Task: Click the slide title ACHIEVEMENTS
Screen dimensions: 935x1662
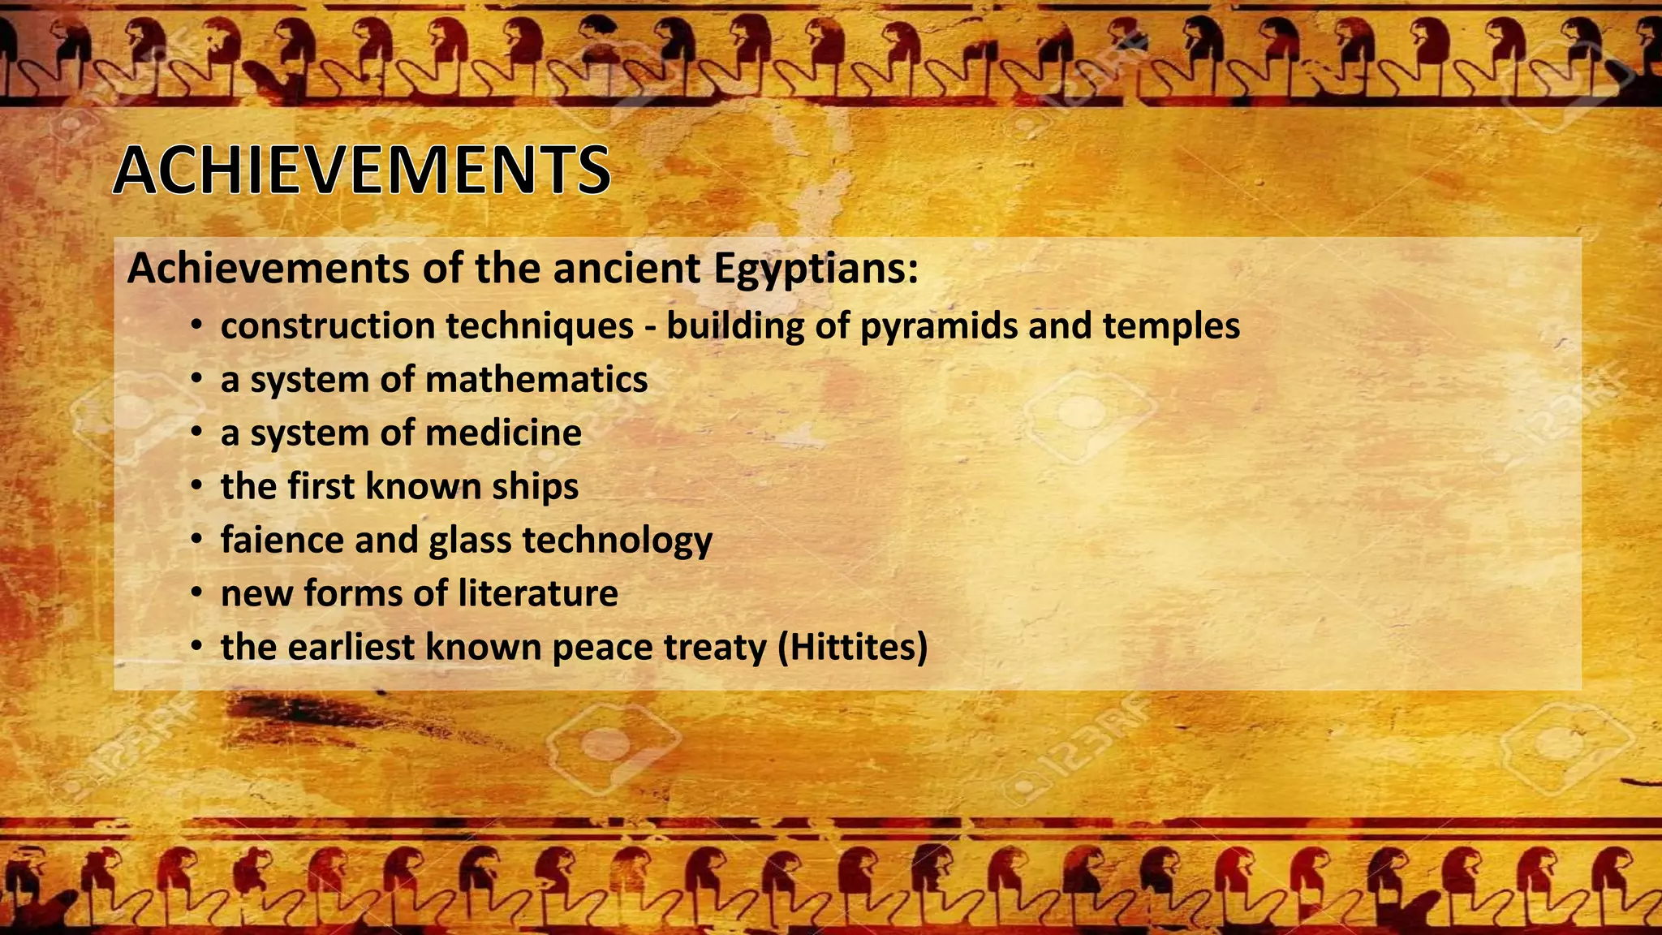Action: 361,170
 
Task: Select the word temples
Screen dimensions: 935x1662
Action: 1171,326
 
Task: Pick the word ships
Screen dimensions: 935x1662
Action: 536,487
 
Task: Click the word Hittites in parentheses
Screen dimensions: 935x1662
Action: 852,648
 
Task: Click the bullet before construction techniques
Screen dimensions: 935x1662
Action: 196,327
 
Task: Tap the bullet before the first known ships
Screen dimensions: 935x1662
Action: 196,487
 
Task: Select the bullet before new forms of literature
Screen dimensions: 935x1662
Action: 196,594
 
